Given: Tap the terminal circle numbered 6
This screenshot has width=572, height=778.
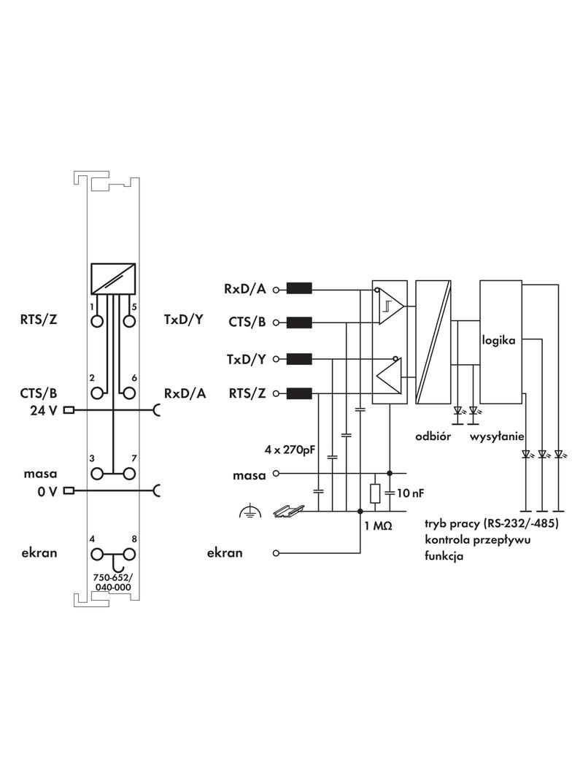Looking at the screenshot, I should click(x=129, y=393).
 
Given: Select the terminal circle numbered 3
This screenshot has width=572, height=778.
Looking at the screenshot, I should click(x=96, y=474).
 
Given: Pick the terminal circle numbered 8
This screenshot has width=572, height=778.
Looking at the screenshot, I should click(x=129, y=553).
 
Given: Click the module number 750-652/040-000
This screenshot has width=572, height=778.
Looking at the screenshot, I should click(x=112, y=582).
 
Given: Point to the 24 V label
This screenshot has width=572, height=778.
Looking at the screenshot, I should click(x=43, y=409).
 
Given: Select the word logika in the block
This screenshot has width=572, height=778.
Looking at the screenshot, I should click(x=499, y=340).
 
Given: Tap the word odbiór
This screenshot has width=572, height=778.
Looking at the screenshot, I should click(x=433, y=436).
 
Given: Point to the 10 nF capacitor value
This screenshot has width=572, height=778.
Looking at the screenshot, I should click(x=410, y=493).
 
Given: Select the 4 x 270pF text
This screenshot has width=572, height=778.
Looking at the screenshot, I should click(x=290, y=449).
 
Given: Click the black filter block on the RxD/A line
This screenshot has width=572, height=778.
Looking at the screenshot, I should click(x=299, y=289).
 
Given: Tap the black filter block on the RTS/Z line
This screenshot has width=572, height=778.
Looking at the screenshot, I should click(x=299, y=394).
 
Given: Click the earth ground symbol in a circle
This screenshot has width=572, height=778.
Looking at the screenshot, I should click(x=249, y=513).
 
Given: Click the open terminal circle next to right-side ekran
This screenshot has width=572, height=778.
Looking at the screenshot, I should click(x=276, y=553).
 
